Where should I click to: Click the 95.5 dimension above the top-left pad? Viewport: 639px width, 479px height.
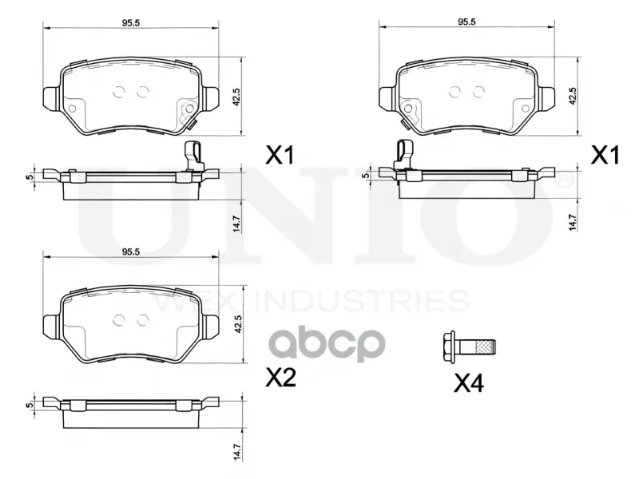[x=131, y=23]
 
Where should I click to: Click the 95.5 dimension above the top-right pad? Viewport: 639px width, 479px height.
[x=466, y=22]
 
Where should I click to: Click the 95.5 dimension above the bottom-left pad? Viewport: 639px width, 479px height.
[x=131, y=252]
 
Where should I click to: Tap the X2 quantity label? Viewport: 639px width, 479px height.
[x=280, y=378]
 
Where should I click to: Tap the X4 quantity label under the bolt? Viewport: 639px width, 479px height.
[x=469, y=383]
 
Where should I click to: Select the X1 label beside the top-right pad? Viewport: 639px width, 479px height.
[x=605, y=155]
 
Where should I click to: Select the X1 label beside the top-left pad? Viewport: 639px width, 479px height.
[x=280, y=155]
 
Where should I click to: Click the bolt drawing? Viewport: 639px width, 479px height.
[x=470, y=348]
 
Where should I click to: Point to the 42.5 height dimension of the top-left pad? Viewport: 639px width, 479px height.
[x=237, y=97]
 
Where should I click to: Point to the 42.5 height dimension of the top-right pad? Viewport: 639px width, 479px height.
[x=573, y=96]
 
